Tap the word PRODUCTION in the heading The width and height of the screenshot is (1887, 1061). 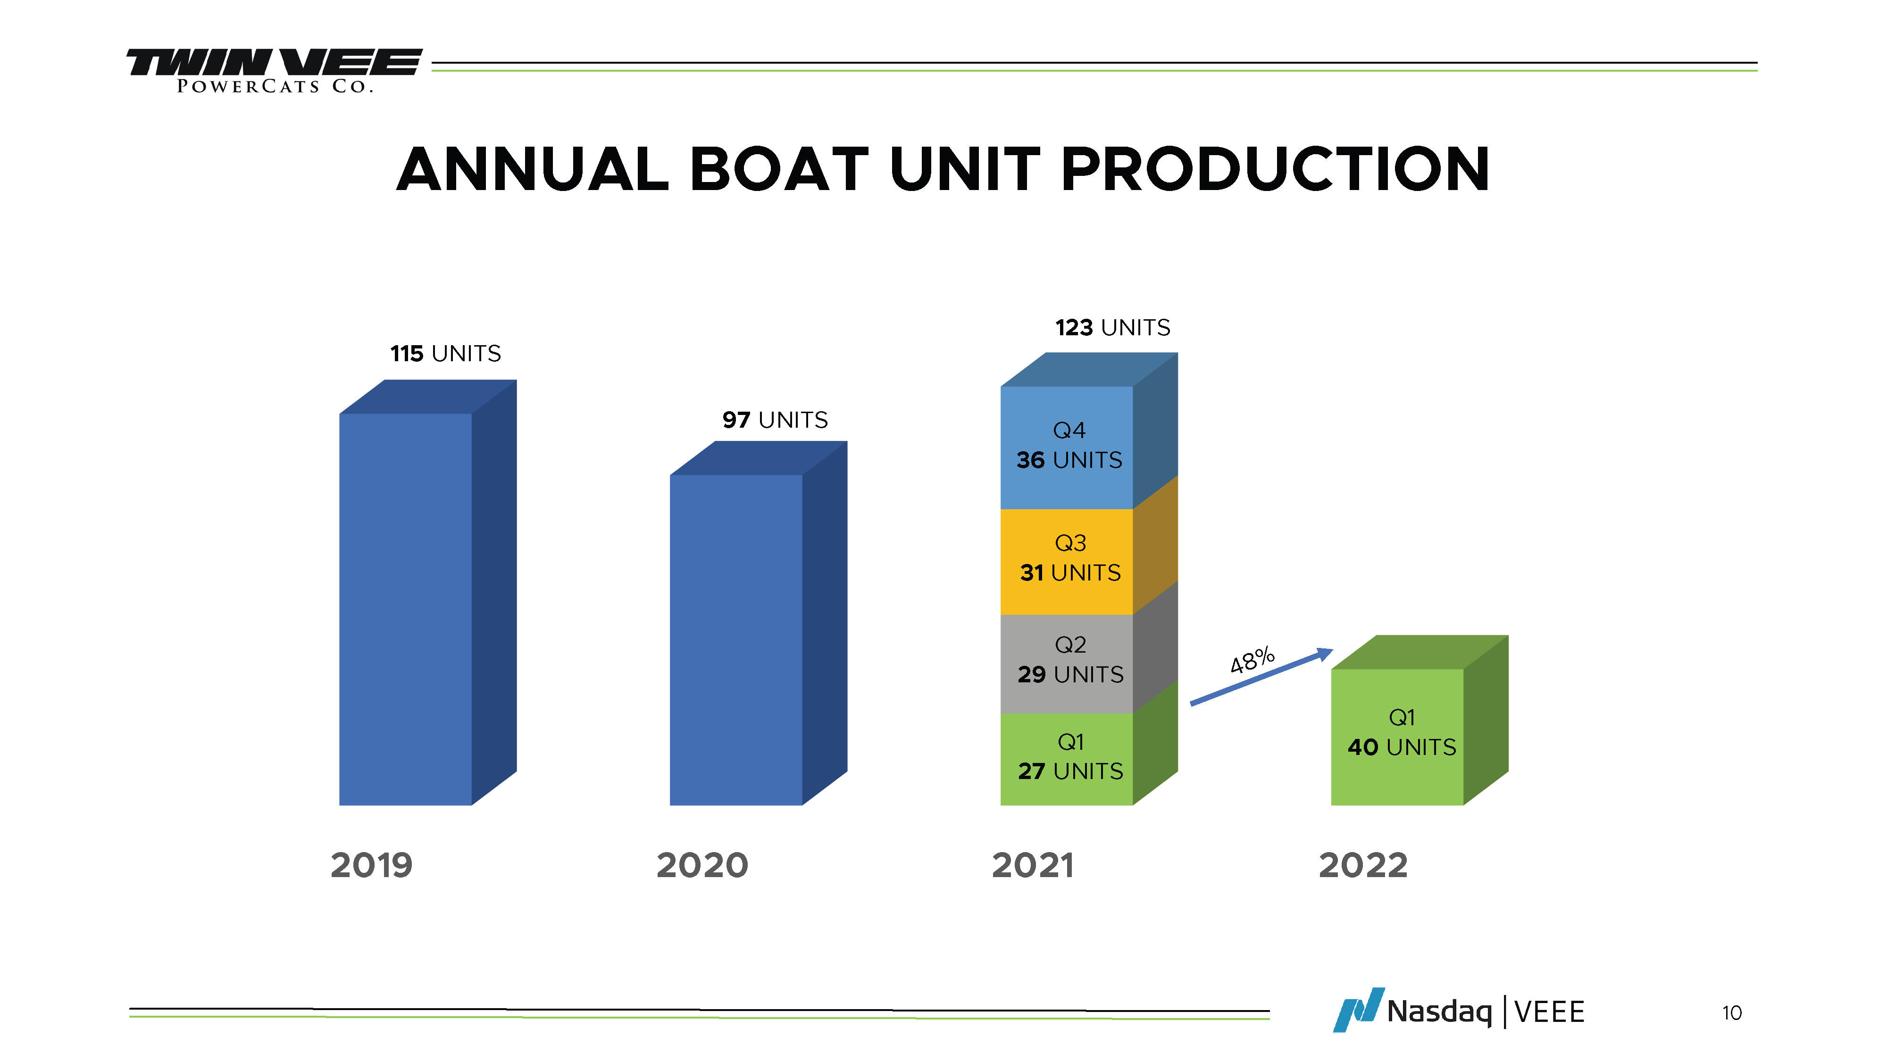(x=1275, y=170)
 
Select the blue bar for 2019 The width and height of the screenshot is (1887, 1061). (x=405, y=608)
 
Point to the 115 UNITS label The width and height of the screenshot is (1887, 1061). (x=445, y=354)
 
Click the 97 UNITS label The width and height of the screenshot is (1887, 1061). (x=775, y=420)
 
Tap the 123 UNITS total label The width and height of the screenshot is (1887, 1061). (x=1112, y=327)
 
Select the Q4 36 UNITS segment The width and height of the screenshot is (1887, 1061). (x=1068, y=446)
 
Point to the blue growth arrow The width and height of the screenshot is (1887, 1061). (x=1260, y=677)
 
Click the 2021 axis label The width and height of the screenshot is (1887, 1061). (x=1032, y=865)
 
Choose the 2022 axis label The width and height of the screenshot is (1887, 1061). (x=1362, y=865)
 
